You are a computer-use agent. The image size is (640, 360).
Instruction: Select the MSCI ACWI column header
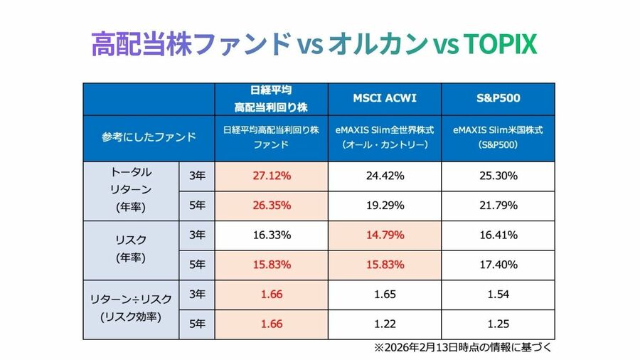tap(385, 98)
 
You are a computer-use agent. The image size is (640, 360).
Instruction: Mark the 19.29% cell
tap(385, 205)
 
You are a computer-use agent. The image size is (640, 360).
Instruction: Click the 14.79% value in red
tap(385, 234)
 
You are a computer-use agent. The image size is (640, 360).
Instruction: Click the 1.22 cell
tap(385, 323)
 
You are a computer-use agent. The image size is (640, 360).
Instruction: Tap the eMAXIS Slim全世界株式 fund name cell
tap(385, 137)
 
